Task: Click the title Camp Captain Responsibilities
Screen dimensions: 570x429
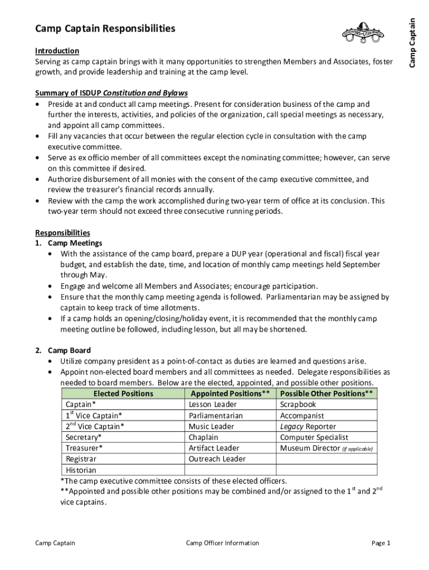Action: coord(105,28)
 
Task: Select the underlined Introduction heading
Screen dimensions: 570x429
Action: coord(57,51)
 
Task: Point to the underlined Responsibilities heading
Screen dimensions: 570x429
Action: coord(62,233)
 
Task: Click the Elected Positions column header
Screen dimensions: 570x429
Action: coord(123,394)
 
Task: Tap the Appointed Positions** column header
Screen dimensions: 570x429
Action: coord(230,394)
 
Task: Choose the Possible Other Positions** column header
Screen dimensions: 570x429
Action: coord(326,394)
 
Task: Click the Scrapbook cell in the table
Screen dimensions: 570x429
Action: coord(298,405)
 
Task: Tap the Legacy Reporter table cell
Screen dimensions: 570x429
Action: coord(308,426)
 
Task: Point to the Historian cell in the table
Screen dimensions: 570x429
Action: coord(81,470)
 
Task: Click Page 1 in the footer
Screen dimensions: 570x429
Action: coord(381,543)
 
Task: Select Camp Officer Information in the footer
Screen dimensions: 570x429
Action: coord(222,543)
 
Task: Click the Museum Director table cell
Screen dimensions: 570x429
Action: coord(326,448)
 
